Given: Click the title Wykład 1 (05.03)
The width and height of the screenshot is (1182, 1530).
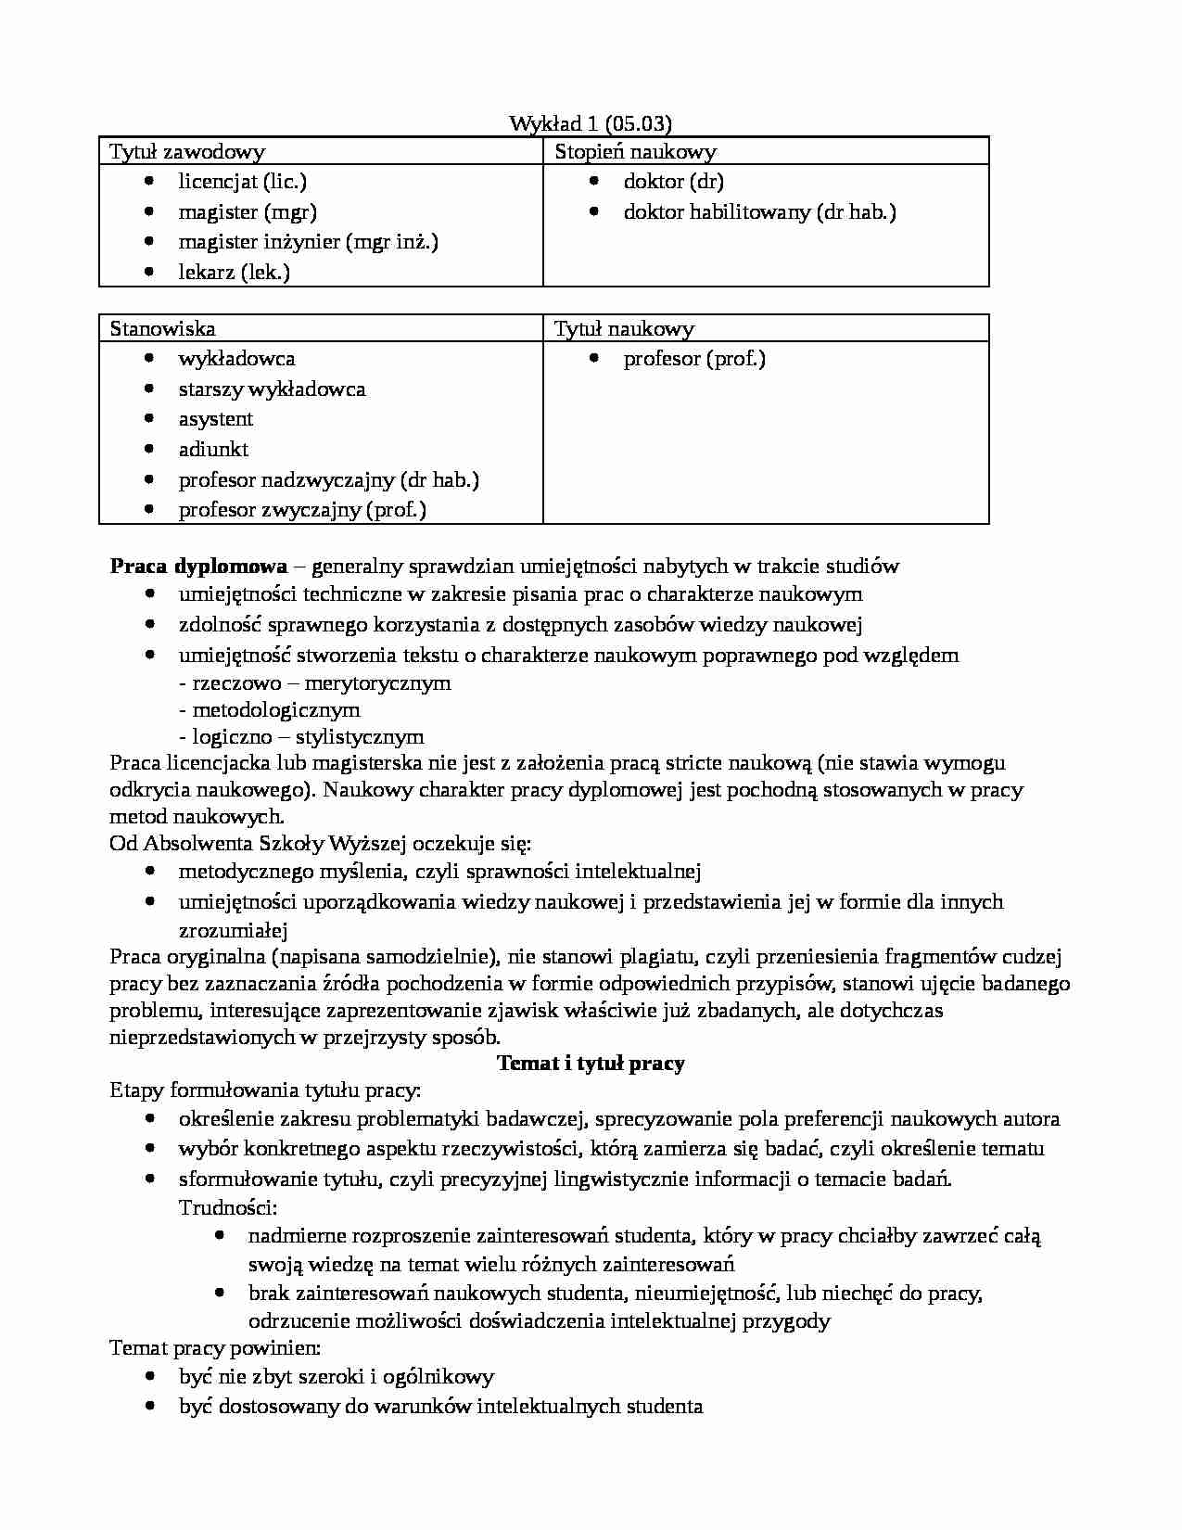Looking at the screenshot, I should pos(591,124).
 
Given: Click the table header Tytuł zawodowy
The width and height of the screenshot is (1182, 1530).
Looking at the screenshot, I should pos(187,152).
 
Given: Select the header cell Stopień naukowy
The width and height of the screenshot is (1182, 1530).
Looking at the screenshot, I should pos(635,152).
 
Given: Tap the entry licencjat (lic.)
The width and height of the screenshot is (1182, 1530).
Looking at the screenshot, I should pos(242,182).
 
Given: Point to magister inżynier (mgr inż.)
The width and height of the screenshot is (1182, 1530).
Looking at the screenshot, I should pos(308,242).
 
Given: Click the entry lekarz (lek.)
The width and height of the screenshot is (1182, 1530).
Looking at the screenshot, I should pos(234,273).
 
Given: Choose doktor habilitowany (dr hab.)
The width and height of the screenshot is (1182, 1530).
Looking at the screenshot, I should pos(759,212).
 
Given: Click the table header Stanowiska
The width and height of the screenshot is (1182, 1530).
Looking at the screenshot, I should pos(162,329).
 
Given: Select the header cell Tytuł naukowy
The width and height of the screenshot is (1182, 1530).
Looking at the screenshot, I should pos(624,329).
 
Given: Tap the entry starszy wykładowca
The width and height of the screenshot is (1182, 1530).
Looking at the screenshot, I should pos(272,389).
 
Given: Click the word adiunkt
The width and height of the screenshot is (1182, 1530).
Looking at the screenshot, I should pos(213,450).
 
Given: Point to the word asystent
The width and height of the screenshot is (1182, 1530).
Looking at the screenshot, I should pos(215,419).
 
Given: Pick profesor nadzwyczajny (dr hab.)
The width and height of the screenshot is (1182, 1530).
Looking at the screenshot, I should pos(328,480).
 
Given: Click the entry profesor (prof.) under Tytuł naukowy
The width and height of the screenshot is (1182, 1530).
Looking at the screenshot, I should pos(694,359).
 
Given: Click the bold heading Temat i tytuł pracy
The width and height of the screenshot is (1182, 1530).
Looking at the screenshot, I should pos(591,1064).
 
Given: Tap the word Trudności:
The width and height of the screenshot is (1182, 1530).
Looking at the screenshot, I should pos(228,1208).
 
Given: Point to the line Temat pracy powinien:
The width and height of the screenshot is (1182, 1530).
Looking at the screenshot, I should pos(215,1348).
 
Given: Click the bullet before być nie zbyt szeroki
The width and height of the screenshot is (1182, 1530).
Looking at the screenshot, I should pos(150,1377).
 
